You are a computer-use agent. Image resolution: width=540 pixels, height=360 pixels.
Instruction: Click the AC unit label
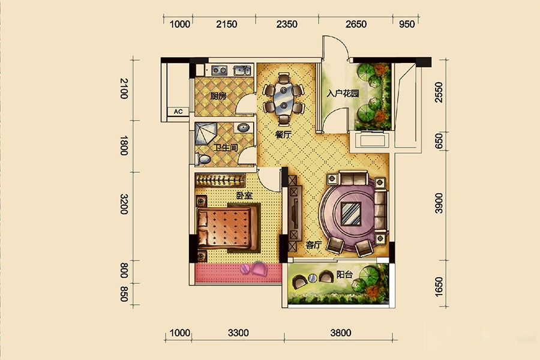(178, 112)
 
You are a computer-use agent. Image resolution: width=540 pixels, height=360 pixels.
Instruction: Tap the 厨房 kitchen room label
(218, 95)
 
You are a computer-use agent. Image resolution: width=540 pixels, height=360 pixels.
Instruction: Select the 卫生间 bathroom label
(226, 148)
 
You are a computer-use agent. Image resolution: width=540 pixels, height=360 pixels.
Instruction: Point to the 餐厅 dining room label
(283, 134)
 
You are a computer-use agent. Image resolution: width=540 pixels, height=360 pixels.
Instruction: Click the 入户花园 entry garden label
(343, 94)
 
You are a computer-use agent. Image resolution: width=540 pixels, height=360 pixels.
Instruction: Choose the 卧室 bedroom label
(244, 196)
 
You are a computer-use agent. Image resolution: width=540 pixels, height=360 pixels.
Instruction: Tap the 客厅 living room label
(314, 245)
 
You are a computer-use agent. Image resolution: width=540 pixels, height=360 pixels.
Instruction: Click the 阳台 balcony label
(344, 275)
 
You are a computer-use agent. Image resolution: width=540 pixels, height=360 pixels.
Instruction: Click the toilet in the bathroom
(203, 159)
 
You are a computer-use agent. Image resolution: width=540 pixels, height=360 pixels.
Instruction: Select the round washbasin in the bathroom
(244, 128)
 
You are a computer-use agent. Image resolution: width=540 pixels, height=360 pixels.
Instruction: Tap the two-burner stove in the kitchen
(219, 70)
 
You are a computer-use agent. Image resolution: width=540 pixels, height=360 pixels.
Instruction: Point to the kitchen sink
(242, 70)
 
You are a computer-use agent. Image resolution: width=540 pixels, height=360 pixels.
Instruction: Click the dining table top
(283, 99)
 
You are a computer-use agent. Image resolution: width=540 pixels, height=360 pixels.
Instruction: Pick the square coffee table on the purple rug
(351, 214)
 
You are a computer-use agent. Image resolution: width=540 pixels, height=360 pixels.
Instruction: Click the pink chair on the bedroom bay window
(259, 268)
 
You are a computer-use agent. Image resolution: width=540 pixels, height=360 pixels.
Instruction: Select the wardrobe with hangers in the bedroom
(220, 180)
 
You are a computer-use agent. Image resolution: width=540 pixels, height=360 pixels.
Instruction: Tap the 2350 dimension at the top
(287, 24)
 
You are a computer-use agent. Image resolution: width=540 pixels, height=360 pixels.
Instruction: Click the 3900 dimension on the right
(439, 203)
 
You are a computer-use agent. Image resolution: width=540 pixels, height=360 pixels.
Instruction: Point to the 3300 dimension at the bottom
(238, 333)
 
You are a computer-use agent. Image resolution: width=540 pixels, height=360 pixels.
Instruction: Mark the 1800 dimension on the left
(124, 146)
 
